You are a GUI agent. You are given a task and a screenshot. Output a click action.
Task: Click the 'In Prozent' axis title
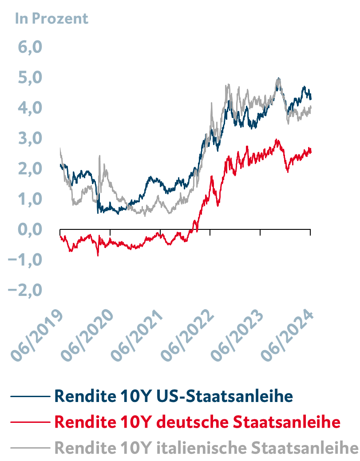coord(51,18)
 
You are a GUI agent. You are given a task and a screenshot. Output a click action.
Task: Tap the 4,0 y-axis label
coord(30,108)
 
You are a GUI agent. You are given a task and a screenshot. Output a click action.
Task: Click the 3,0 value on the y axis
coord(30,138)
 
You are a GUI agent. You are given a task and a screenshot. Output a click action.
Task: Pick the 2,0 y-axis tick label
coord(30,169)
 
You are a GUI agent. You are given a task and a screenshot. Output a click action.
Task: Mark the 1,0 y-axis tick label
coord(30,199)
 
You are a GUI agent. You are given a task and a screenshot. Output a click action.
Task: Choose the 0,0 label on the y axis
coord(30,229)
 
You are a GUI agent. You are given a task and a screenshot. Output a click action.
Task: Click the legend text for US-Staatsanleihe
coord(174,395)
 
